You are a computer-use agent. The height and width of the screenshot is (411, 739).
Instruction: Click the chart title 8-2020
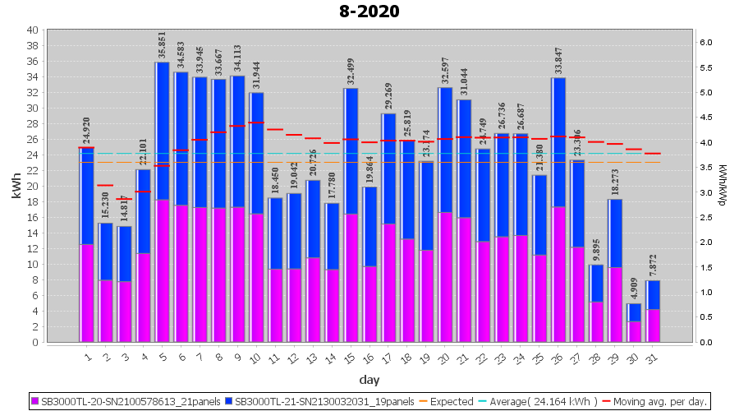click(369, 12)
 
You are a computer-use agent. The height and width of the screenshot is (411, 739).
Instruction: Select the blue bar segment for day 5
click(162, 132)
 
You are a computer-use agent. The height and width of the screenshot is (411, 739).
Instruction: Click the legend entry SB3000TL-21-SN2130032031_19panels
click(324, 402)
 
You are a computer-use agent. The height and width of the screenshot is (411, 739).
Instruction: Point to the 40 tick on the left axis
click(33, 30)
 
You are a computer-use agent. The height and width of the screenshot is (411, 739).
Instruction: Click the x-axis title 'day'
click(369, 380)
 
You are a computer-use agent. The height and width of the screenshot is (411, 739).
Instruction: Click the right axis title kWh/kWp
click(723, 186)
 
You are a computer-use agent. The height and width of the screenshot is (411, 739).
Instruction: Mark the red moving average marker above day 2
click(105, 185)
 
